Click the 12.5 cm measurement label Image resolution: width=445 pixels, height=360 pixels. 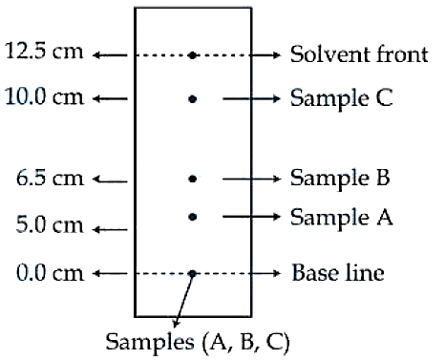point(44,51)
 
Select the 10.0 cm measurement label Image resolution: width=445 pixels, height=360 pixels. point(44,96)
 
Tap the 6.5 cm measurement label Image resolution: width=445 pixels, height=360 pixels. point(50,178)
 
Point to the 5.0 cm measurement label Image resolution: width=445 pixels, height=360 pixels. point(50,224)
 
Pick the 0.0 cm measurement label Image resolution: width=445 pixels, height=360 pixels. point(50,273)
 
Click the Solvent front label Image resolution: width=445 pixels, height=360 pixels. point(359,53)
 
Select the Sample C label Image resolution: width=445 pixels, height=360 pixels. point(341,97)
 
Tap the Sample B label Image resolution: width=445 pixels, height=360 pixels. point(340,178)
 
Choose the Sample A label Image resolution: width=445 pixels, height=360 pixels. point(341,217)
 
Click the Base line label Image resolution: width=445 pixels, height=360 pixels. point(338,273)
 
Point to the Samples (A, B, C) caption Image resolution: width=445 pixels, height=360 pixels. point(198,342)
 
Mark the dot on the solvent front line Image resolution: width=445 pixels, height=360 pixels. point(192,55)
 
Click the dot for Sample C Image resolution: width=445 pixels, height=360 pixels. point(192,99)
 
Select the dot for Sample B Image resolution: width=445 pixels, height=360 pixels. point(192,179)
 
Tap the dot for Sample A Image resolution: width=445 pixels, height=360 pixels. point(192,217)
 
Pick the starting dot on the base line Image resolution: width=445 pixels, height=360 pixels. point(192,273)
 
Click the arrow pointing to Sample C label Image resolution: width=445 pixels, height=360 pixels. point(251,99)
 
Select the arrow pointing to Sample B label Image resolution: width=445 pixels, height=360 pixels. point(251,180)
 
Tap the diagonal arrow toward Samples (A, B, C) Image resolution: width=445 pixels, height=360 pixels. point(183,300)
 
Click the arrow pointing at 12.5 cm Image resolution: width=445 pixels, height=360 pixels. point(110,55)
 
